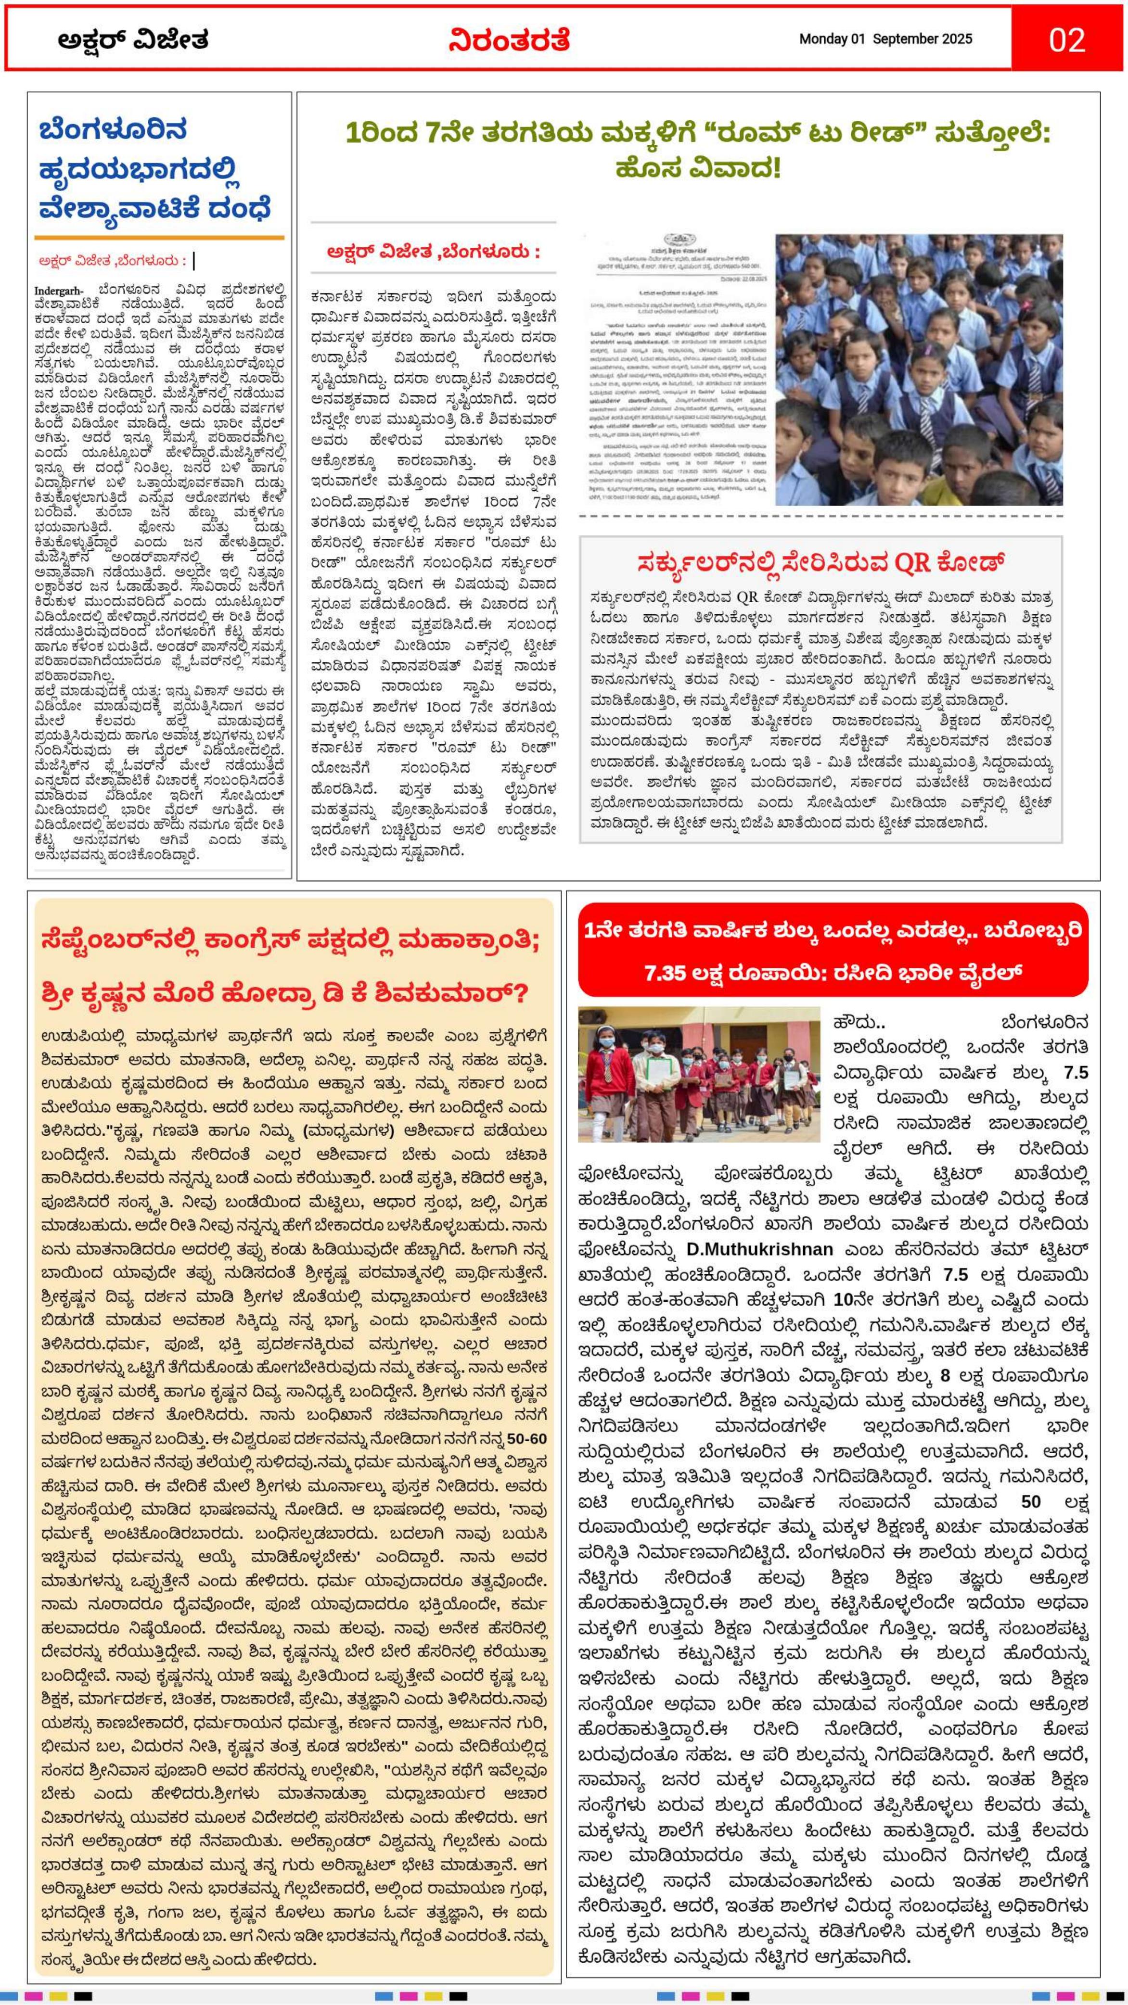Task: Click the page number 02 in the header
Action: (x=1066, y=39)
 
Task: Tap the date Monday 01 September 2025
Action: (x=885, y=39)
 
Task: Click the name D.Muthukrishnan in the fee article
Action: (x=759, y=1248)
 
